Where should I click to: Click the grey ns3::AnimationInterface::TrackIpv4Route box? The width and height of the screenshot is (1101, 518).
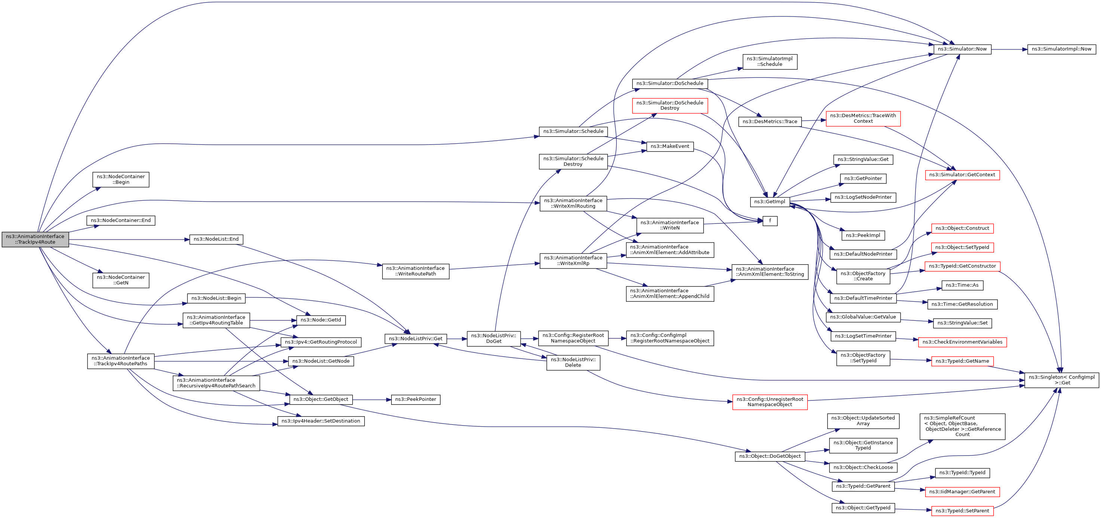(x=35, y=240)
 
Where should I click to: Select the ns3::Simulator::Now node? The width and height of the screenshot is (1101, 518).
(x=962, y=49)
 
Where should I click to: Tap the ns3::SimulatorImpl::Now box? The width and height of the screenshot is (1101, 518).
(x=1061, y=49)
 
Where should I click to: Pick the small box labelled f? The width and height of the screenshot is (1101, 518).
(x=770, y=221)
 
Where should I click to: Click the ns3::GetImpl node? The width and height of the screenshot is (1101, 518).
(x=769, y=202)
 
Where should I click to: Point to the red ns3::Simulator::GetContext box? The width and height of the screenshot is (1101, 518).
(x=962, y=175)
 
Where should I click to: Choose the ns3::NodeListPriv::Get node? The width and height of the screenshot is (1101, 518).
(x=415, y=339)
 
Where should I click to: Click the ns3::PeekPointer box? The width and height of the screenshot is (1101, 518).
(x=415, y=399)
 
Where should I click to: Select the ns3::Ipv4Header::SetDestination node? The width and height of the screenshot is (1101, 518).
(x=321, y=421)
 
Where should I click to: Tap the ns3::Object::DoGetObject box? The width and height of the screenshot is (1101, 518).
(x=770, y=456)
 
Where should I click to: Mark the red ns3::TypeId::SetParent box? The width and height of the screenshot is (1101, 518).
(x=962, y=511)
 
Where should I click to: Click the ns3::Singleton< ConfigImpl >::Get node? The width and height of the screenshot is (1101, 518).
(x=1062, y=380)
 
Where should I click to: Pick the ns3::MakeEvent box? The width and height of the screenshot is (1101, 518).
(x=670, y=147)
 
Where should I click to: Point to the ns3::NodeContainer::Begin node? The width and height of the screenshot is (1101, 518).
(x=120, y=180)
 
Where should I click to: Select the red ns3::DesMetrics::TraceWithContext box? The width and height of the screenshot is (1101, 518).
(x=863, y=119)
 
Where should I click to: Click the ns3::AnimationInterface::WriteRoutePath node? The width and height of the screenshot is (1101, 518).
(x=415, y=271)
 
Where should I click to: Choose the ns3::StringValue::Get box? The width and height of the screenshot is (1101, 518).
(x=863, y=159)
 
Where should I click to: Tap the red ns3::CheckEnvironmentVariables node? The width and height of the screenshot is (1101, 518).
(x=962, y=342)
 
